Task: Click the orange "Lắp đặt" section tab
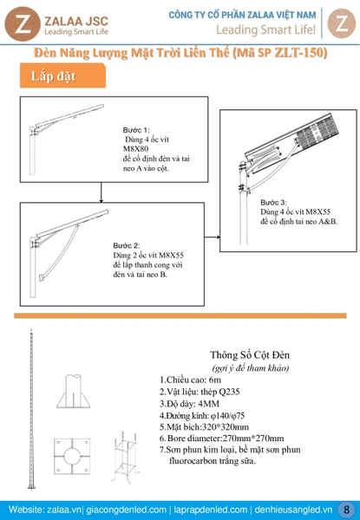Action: click(62, 76)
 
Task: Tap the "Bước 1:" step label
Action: click(136, 130)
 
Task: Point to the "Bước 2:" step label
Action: click(127, 246)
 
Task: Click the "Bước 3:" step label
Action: click(273, 202)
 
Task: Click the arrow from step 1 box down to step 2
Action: click(101, 192)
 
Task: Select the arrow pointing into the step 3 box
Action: click(213, 237)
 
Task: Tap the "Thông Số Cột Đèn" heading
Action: click(250, 354)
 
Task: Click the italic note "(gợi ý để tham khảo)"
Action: click(250, 367)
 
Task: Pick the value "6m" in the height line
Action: click(215, 380)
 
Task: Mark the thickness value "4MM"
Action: click(208, 404)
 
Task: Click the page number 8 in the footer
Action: click(347, 509)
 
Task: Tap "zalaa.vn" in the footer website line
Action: click(64, 510)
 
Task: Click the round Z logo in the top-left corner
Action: click(23, 24)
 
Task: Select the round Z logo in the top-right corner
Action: click(342, 23)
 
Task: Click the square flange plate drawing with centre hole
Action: click(72, 456)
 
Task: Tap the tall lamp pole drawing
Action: click(31, 409)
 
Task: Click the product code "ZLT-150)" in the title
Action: click(301, 53)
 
